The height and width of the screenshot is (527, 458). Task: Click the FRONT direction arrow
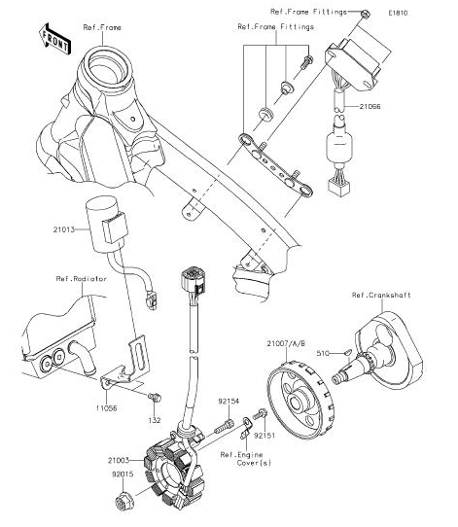54,39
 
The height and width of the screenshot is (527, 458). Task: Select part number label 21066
370,107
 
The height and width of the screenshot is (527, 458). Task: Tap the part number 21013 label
64,229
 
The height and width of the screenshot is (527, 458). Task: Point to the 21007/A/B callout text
286,344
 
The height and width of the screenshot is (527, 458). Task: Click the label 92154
229,401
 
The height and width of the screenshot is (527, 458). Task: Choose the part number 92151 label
264,436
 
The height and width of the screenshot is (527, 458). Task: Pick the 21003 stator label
119,460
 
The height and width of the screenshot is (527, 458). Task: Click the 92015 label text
123,474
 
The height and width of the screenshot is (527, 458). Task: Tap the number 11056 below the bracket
107,408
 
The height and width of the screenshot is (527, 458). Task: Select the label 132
155,420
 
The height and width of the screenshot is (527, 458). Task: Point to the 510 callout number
323,353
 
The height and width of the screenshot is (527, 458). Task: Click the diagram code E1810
398,13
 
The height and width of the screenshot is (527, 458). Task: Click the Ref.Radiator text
82,279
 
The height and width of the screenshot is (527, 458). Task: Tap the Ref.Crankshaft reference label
381,295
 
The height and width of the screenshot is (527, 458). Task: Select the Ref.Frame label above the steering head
102,27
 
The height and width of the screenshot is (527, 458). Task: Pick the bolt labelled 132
155,397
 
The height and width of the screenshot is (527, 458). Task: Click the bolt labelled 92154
223,427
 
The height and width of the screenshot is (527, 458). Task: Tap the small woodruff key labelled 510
347,352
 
